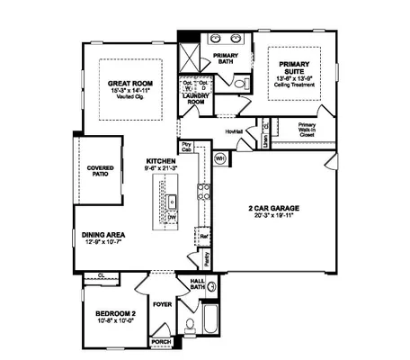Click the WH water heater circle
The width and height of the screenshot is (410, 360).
(x=220, y=158)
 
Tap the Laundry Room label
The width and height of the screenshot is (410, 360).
(x=197, y=100)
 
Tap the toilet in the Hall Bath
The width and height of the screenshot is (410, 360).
(x=189, y=326)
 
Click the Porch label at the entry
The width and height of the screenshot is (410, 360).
(x=160, y=343)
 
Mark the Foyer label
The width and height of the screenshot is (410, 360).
(x=161, y=304)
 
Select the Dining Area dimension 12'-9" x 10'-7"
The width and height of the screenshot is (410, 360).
(x=103, y=241)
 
